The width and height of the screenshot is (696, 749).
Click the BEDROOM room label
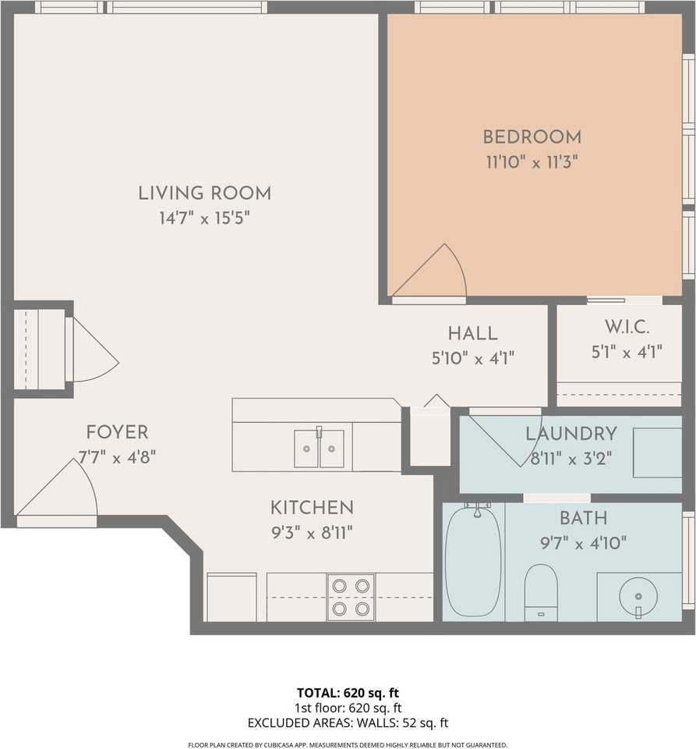click(532, 137)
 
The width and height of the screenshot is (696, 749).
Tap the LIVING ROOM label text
click(205, 193)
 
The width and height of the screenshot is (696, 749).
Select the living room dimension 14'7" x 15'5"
click(205, 218)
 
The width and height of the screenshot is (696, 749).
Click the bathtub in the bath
click(473, 561)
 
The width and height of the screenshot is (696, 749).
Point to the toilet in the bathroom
click(540, 592)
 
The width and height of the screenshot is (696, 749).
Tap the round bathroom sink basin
click(638, 597)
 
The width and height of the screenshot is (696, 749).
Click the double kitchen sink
click(319, 448)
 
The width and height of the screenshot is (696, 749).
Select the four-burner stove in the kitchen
click(351, 597)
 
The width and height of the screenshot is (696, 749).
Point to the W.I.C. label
click(627, 327)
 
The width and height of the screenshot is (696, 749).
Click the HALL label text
click(473, 333)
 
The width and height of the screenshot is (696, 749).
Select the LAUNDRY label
click(571, 434)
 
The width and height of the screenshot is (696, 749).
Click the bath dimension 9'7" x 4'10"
click(583, 543)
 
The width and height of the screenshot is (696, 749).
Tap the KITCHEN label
click(312, 508)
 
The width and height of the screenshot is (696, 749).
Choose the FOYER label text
click(117, 433)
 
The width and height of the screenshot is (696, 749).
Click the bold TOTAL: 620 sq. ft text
click(348, 693)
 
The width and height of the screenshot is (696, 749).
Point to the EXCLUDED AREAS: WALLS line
click(348, 723)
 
